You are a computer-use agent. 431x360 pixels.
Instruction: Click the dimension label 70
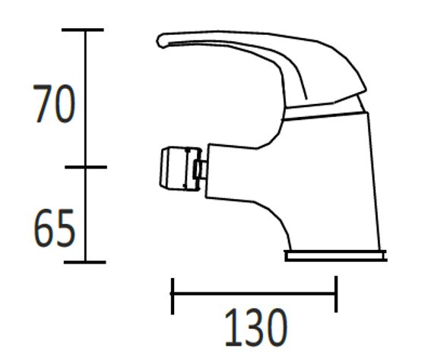click(x=54, y=105)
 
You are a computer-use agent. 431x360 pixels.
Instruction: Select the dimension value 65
click(x=54, y=229)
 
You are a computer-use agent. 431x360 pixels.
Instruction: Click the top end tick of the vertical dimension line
click(x=84, y=30)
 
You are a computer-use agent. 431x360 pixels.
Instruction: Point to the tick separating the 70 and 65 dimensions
click(x=84, y=167)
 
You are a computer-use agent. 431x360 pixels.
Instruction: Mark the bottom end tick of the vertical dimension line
click(x=84, y=262)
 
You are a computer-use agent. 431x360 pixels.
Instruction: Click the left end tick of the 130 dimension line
click(x=173, y=295)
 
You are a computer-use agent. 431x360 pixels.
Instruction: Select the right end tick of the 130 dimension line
click(x=334, y=295)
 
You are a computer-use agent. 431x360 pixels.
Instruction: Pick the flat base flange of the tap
click(x=334, y=255)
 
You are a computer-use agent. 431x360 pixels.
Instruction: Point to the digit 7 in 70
click(x=42, y=105)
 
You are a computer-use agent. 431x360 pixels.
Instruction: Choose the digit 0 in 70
click(x=65, y=105)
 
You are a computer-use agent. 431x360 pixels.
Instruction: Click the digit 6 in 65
click(x=43, y=229)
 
